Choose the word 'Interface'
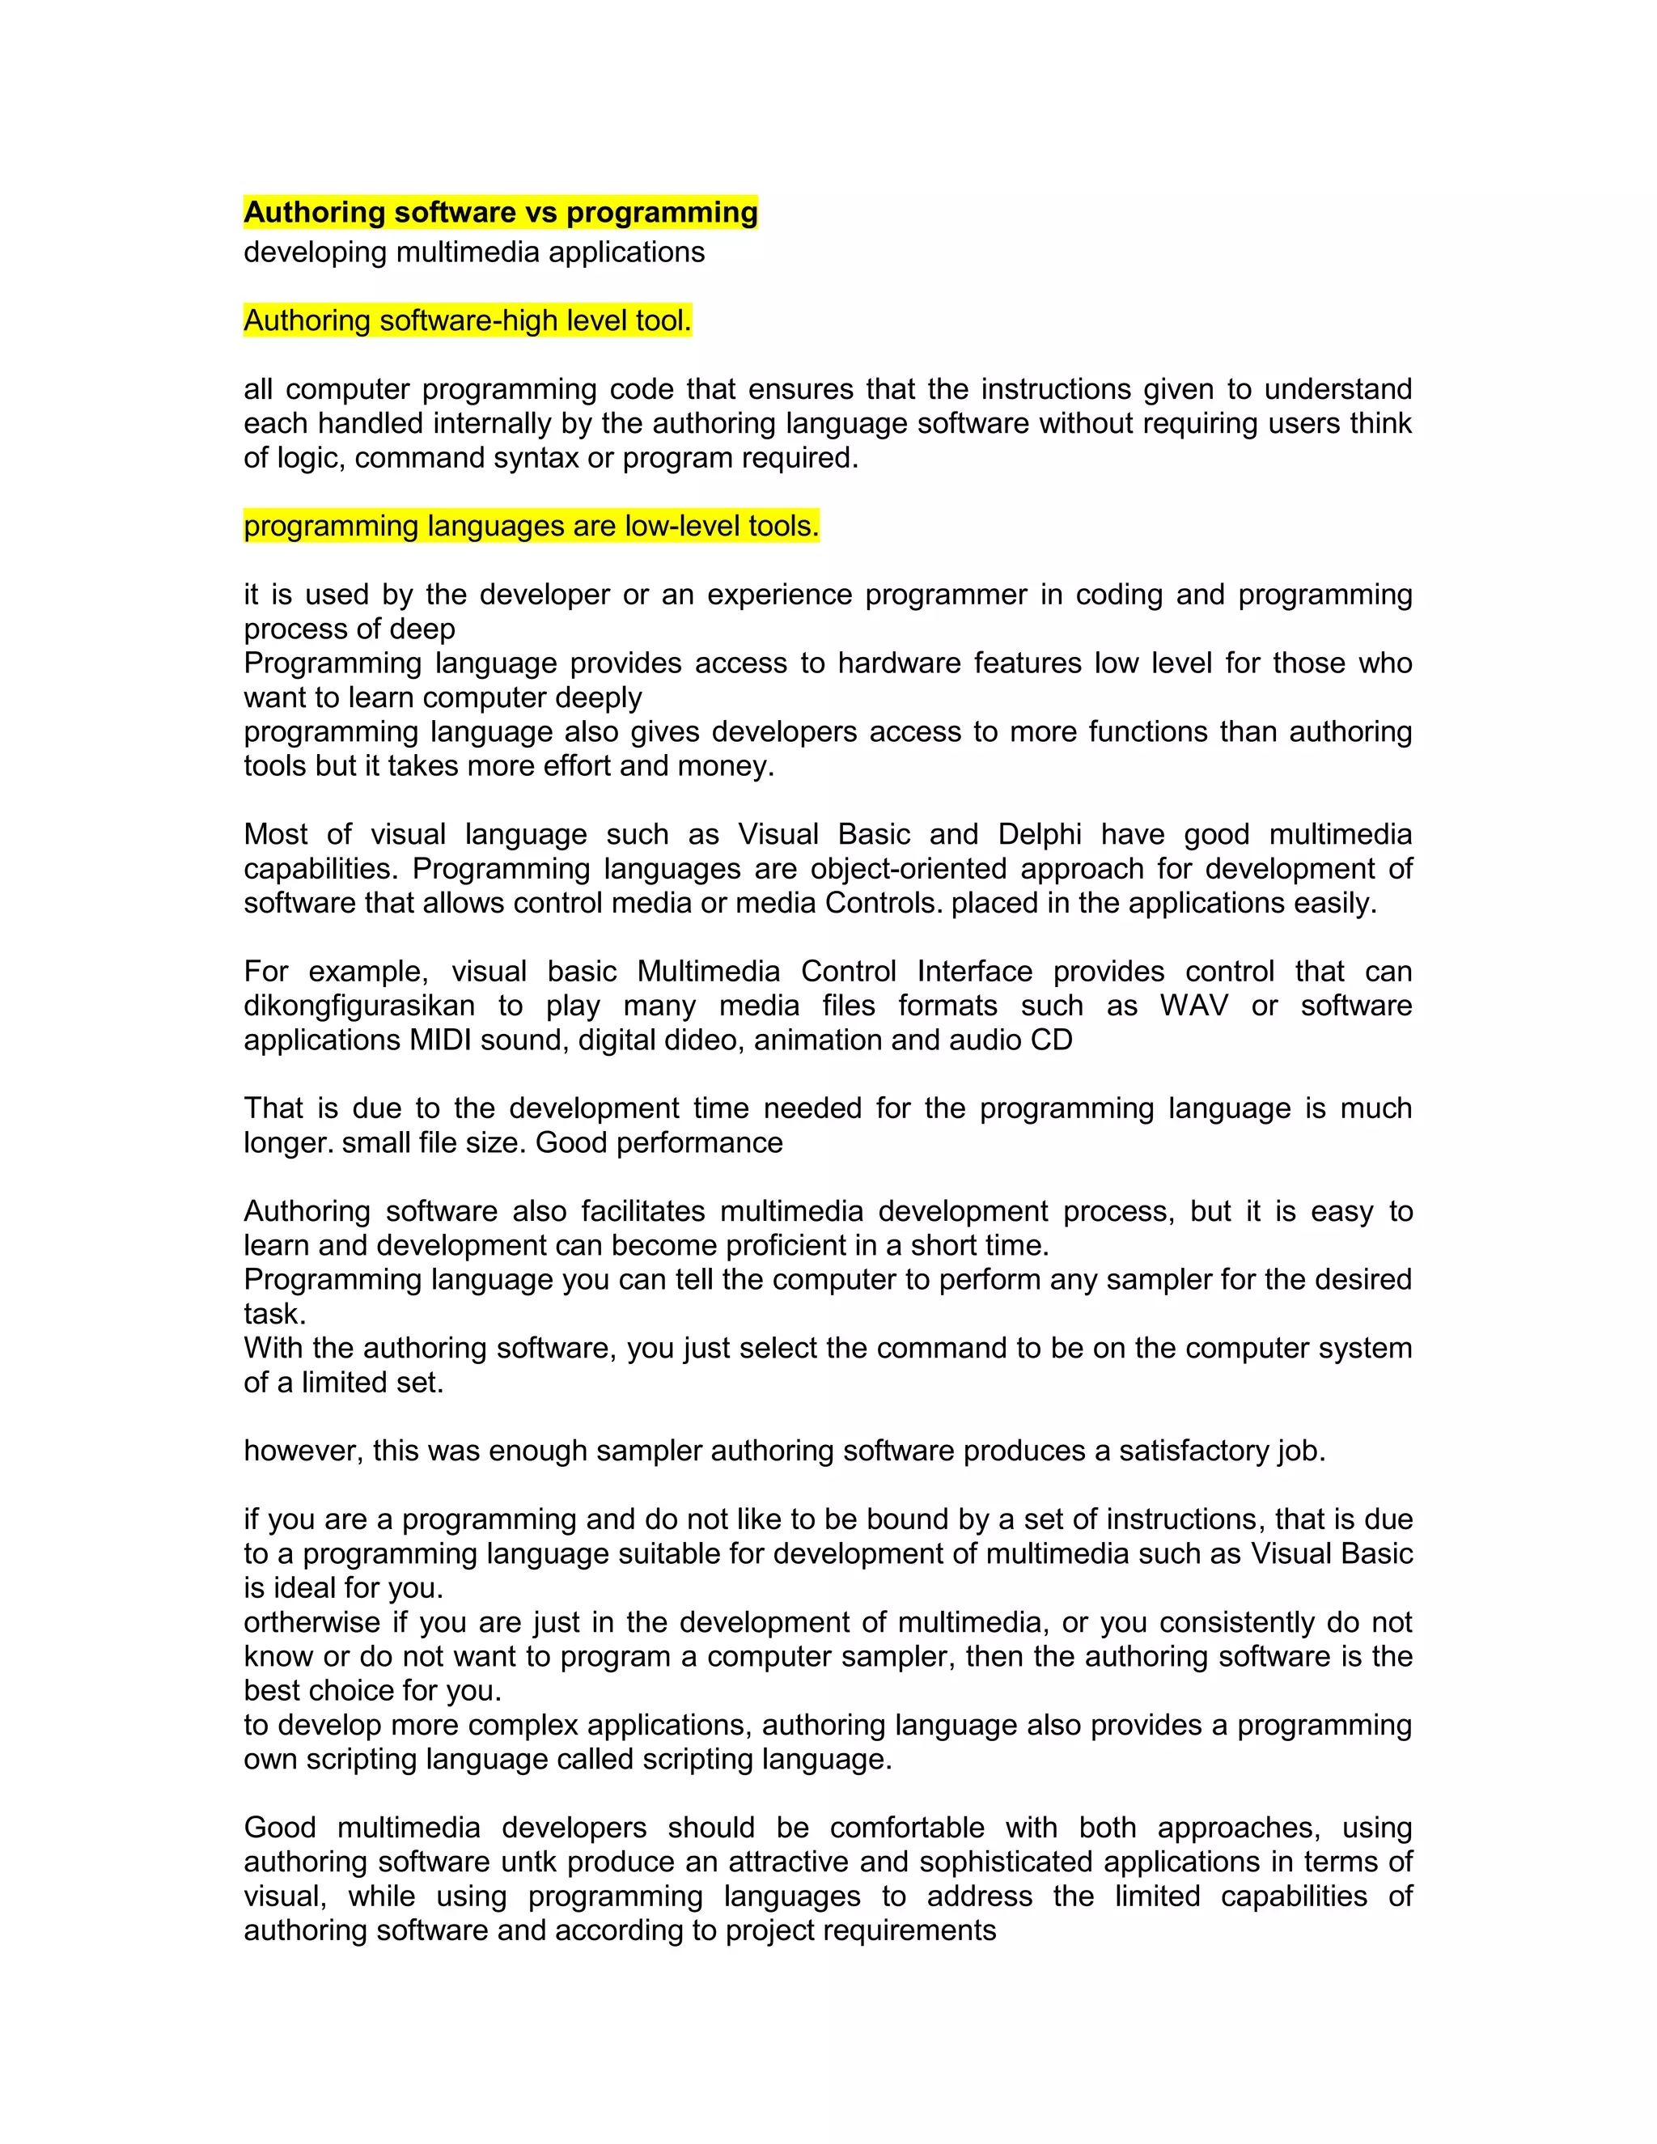point(975,971)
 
